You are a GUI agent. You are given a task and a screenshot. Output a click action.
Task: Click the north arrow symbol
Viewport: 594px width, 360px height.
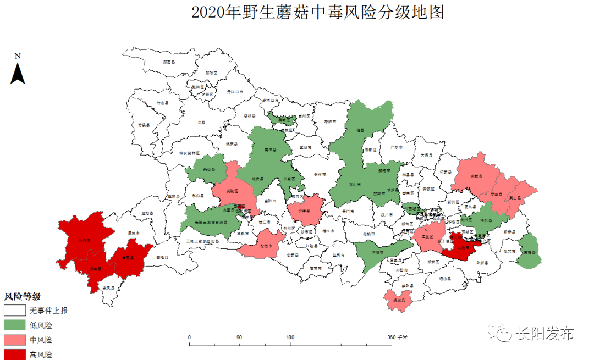tap(18, 72)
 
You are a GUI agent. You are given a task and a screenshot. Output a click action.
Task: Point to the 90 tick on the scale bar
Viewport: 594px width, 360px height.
tap(239, 337)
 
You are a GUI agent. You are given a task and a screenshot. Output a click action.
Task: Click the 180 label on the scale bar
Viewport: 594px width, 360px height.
tap(290, 337)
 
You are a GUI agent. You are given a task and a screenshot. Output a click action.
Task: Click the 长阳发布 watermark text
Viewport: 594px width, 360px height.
tap(544, 334)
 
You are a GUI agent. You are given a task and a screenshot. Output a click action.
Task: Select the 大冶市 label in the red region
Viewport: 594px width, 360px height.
tap(463, 248)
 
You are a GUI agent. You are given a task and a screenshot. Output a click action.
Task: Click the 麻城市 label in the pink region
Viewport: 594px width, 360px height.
tap(476, 176)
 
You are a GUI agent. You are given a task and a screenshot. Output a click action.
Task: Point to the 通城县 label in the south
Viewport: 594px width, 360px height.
tap(399, 301)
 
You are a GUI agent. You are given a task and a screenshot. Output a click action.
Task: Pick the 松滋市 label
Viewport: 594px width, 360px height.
tap(266, 246)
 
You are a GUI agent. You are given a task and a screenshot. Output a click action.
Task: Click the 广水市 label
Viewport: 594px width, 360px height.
tap(397, 147)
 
